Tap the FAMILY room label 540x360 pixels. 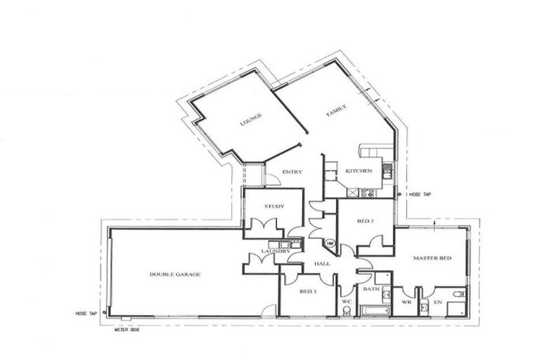tap(335, 110)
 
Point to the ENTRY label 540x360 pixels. tap(292, 172)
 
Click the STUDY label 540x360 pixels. tap(274, 206)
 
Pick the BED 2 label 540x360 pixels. tap(364, 221)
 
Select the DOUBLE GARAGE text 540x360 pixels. tap(174, 274)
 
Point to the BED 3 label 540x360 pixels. tap(308, 290)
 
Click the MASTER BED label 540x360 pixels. tap(431, 259)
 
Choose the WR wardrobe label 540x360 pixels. tap(406, 302)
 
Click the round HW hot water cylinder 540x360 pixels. tap(330, 243)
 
